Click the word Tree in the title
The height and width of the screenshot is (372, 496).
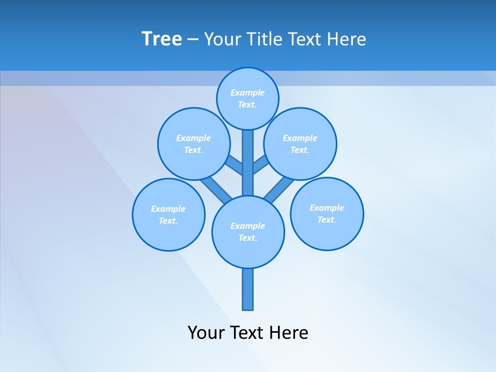coord(162,39)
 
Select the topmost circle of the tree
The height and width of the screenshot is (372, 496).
coord(247,98)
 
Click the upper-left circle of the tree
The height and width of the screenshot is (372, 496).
coord(194,144)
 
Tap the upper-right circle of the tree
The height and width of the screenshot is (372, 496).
coord(300,144)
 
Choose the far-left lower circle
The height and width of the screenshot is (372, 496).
coord(168,214)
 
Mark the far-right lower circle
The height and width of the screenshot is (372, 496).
coord(327,213)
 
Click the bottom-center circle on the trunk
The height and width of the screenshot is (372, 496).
coord(248,232)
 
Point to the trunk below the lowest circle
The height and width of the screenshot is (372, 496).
coord(248,289)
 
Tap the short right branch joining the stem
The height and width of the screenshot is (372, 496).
coord(260,165)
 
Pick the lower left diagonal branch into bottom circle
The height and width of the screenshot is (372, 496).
coord(216,190)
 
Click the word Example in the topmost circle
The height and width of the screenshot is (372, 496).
coord(247,92)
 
